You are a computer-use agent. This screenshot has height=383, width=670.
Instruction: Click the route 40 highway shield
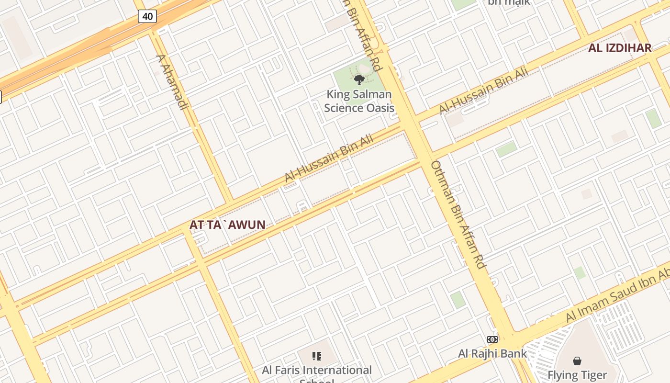click(x=147, y=16)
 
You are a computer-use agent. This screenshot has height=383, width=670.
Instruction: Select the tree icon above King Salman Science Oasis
click(x=359, y=80)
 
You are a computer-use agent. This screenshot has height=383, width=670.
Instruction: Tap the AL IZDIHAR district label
click(x=620, y=48)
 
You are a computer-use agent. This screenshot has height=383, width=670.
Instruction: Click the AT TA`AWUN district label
click(x=227, y=225)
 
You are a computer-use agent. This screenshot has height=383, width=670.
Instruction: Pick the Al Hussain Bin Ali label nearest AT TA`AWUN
click(x=329, y=158)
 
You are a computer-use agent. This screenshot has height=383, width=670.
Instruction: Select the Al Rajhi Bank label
click(x=492, y=354)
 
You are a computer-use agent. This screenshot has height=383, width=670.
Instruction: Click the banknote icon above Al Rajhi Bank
click(x=492, y=339)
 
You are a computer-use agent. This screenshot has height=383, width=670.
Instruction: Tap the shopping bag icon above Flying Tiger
click(x=577, y=360)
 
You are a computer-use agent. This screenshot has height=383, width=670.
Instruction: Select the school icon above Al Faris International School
click(x=316, y=356)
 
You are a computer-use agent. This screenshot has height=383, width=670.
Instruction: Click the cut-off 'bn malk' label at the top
click(x=509, y=2)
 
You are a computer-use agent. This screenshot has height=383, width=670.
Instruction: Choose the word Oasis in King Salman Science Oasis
click(x=380, y=108)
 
